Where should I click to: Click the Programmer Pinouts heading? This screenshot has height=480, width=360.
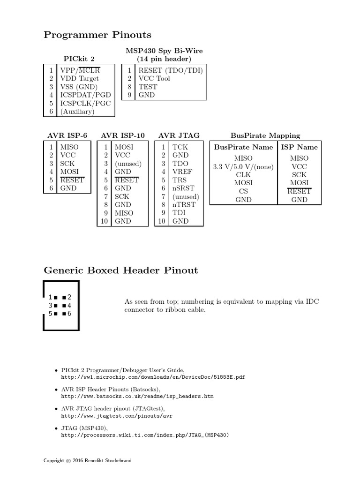point(97,35)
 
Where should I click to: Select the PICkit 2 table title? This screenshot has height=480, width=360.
point(79,59)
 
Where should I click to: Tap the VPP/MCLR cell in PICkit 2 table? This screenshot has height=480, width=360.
point(80,70)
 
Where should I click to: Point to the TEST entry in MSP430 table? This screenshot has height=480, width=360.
point(148,87)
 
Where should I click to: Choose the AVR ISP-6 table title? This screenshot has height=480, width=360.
point(67,135)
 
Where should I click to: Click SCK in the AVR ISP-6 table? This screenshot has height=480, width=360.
point(67,164)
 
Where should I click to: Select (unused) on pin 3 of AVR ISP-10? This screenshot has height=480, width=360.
point(128,164)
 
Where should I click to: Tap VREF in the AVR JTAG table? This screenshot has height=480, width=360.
point(182,172)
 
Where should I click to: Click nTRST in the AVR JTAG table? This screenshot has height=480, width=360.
point(184,205)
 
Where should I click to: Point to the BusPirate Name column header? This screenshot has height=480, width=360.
point(243,147)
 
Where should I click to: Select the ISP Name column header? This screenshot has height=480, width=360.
point(299,147)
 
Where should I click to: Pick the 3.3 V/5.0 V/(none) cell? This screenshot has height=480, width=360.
point(243,166)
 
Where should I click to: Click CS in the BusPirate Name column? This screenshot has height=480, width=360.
point(243,191)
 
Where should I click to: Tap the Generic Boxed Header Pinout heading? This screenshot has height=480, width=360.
point(120,270)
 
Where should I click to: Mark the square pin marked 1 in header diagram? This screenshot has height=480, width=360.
point(55,297)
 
